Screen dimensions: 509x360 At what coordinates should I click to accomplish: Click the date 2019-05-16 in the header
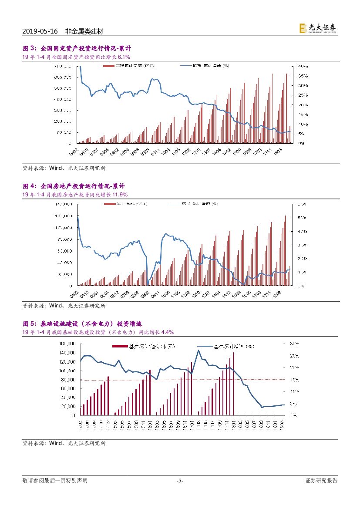[x=40, y=32]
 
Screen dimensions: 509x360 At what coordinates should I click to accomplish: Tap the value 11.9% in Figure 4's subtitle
[x=120, y=194]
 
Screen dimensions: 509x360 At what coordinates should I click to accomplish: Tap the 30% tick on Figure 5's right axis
[x=294, y=344]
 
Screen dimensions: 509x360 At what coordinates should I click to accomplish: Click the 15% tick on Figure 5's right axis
[x=294, y=380]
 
